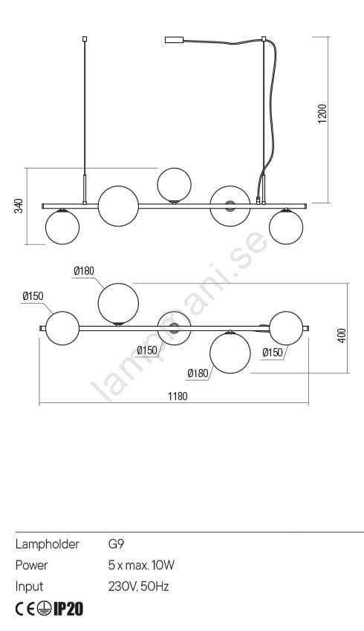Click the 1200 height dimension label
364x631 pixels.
point(323,114)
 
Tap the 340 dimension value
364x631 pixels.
point(19,206)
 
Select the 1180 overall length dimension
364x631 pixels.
point(178,396)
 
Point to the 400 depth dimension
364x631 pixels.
point(342,336)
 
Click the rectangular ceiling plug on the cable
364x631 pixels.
point(175,40)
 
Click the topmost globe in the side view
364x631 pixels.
point(174,185)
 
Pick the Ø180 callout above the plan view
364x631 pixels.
point(84,271)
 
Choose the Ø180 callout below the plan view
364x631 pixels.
point(198,374)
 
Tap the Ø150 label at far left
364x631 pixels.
point(33,296)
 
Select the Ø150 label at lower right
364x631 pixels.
point(273,353)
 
